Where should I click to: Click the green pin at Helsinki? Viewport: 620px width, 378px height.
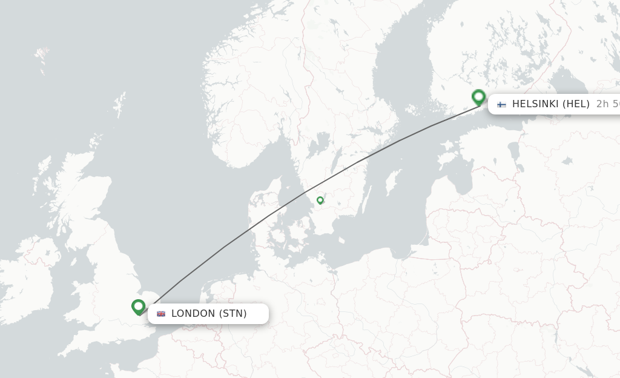479,97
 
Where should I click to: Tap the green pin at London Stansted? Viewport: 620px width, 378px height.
139,307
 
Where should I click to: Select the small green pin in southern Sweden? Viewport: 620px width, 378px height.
320,200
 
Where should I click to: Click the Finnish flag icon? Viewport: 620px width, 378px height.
501,104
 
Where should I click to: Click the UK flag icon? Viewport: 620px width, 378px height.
161,314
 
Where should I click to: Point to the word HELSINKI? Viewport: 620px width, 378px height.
536,104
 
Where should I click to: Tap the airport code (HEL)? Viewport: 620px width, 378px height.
576,104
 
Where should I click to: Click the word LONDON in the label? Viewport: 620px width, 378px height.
193,314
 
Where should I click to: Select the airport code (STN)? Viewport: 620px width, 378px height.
233,314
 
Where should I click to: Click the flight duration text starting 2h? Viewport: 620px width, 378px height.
608,104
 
